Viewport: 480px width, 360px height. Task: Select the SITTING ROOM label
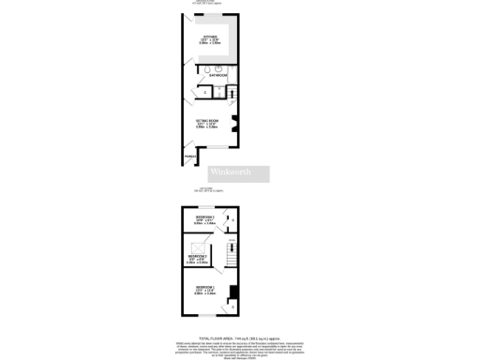tap(207, 123)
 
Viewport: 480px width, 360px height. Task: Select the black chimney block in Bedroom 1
tap(232, 304)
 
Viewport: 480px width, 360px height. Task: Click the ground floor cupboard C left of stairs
tap(205, 92)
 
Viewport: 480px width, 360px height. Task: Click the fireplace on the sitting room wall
tap(236, 123)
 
